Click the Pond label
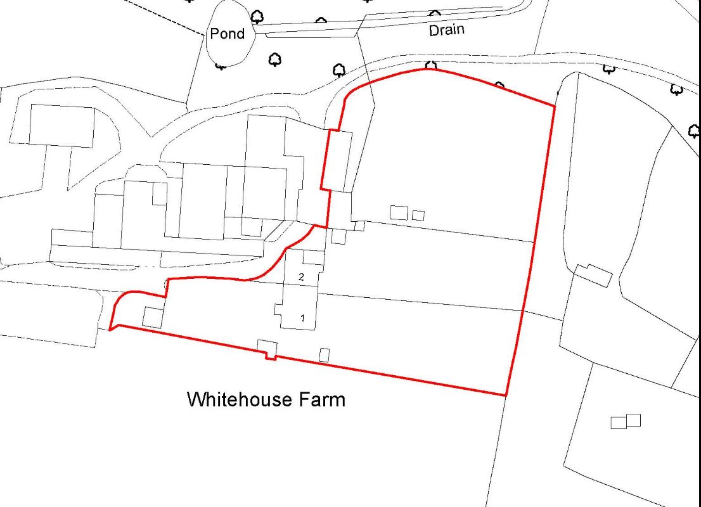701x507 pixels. pos(227,34)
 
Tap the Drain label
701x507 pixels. pos(447,30)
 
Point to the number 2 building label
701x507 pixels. pos(302,277)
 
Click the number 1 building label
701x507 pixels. pos(302,318)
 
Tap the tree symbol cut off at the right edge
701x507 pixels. pos(695,131)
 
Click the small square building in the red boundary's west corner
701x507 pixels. pos(152,317)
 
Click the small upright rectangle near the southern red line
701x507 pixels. pos(325,355)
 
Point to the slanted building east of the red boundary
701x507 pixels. pos(593,275)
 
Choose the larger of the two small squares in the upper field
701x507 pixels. pos(399,212)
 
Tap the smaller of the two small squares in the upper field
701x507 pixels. pos(418,215)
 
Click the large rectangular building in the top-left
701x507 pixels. pos(62,126)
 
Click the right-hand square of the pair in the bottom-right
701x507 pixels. pos(633,420)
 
